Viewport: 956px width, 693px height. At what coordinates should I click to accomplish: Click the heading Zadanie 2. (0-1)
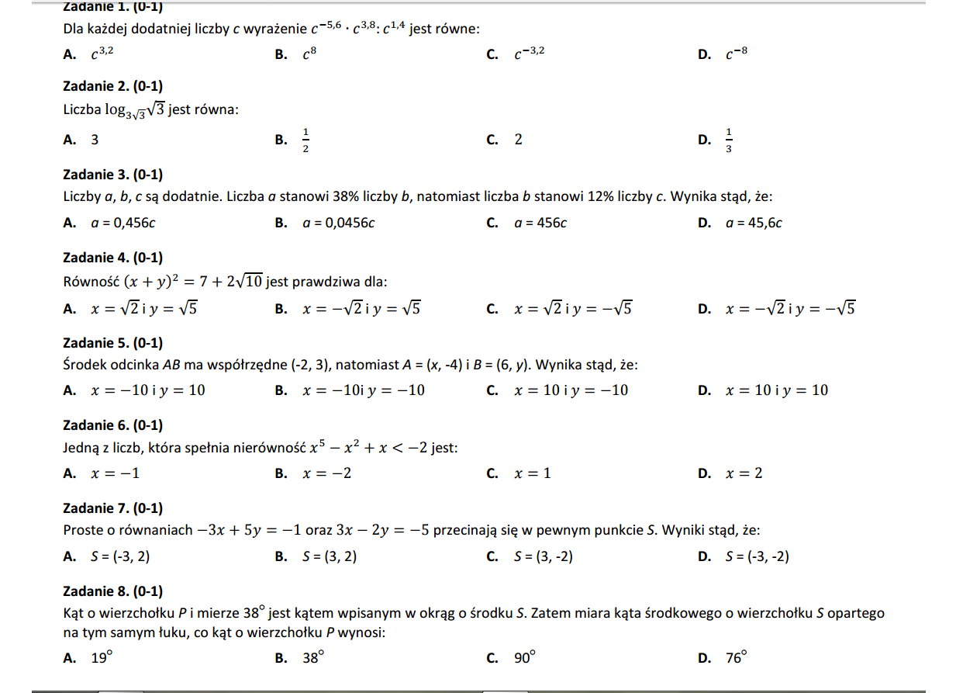point(112,86)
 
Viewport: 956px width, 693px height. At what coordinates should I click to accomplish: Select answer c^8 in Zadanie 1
point(309,54)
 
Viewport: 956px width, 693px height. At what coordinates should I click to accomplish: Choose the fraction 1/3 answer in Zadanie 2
point(728,140)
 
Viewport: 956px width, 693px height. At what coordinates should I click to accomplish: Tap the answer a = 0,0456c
point(339,223)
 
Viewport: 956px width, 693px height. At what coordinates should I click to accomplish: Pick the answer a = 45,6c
point(754,223)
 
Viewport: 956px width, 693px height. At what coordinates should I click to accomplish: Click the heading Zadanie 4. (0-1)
point(112,258)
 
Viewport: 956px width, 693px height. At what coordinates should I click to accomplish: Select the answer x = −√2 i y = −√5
point(790,309)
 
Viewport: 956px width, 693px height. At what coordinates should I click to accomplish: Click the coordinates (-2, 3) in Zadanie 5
point(314,365)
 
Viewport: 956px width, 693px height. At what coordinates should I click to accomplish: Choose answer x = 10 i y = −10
point(571,390)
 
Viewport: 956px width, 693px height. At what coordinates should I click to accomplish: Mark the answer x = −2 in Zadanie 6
point(326,473)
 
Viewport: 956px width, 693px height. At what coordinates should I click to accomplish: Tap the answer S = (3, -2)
point(544,556)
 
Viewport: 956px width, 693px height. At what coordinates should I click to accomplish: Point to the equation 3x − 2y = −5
point(382,531)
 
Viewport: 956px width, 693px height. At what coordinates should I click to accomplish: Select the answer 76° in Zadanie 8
point(736,658)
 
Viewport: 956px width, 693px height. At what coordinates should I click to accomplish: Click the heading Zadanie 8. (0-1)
point(112,591)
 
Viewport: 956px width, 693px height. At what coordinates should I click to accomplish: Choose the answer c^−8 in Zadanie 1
point(737,54)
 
